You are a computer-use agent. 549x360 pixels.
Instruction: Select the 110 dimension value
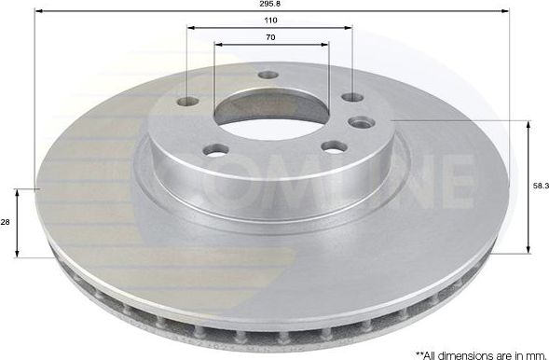(x=269, y=20)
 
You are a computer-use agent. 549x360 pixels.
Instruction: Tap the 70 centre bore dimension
(x=269, y=37)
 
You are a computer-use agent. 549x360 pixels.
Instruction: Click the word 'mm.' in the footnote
(x=533, y=353)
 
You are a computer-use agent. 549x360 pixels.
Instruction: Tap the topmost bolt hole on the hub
(x=268, y=75)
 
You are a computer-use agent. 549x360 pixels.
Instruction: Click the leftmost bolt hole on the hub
(x=188, y=102)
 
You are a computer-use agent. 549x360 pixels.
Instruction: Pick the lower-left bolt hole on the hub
(x=216, y=148)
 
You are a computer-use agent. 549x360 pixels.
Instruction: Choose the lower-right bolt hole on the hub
(x=333, y=146)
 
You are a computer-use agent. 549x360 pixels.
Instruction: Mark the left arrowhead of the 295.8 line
(x=38, y=11)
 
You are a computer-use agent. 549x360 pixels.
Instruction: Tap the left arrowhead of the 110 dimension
(x=190, y=27)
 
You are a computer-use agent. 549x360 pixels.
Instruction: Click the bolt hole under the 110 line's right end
(x=351, y=97)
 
